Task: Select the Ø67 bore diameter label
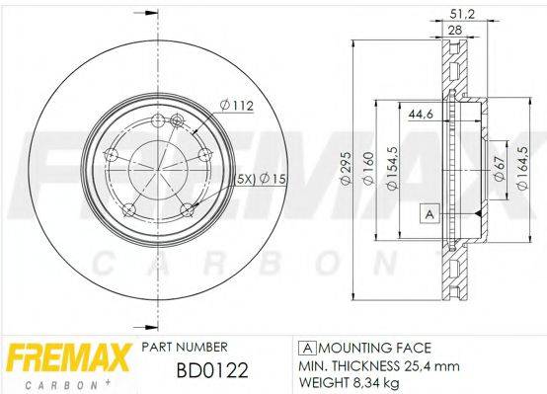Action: click(500, 170)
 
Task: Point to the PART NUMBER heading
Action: click(185, 347)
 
